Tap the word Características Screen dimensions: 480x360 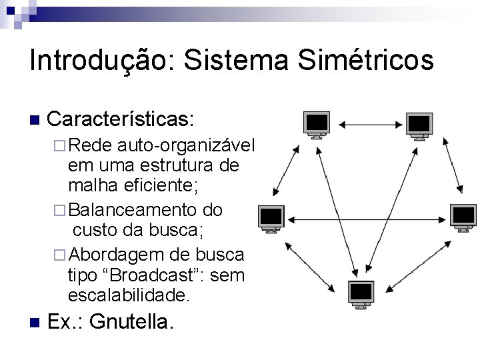(x=121, y=119)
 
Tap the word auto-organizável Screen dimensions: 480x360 (x=187, y=146)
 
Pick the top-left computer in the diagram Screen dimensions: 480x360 (x=317, y=124)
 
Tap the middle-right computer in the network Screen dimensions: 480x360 (x=461, y=217)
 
